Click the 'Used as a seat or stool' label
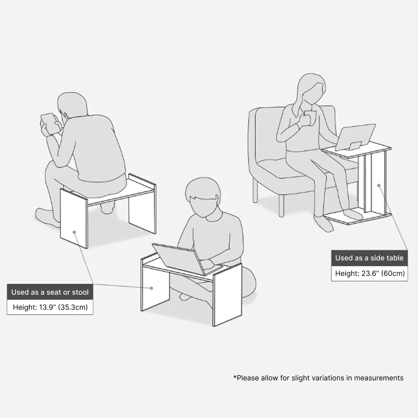pyautogui.click(x=50, y=292)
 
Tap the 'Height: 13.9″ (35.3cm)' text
pyautogui.click(x=50, y=307)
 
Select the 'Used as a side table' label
pyautogui.click(x=369, y=258)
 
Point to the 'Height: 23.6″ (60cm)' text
pyautogui.click(x=370, y=273)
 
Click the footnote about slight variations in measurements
pyautogui.click(x=318, y=378)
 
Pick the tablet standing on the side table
pyautogui.click(x=355, y=137)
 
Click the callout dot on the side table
pyautogui.click(x=379, y=185)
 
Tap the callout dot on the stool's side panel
pyautogui.click(x=74, y=232)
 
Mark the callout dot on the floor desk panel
pyautogui.click(x=151, y=288)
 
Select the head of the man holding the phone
pyautogui.click(x=72, y=105)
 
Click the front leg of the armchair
pyautogui.click(x=281, y=206)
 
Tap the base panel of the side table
pyautogui.click(x=357, y=218)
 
